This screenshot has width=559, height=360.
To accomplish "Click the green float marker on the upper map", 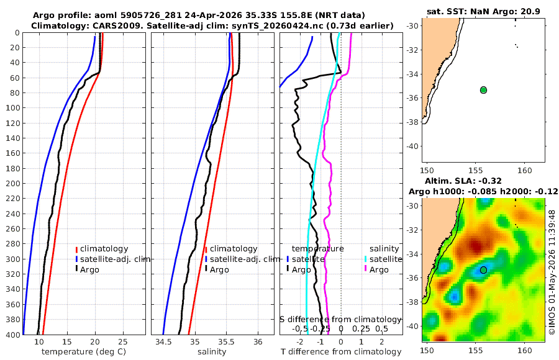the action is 483,90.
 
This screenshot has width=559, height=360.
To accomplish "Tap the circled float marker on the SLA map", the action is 483,270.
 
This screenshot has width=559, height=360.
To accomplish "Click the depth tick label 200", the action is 12,183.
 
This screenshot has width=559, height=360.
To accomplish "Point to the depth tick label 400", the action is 12,335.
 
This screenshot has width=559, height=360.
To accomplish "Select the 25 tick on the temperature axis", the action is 122,341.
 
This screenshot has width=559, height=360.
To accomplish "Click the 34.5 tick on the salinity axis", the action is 163,341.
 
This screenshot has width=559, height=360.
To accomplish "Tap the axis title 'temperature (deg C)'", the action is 84,352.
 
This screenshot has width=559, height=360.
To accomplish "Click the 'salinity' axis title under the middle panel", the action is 212,352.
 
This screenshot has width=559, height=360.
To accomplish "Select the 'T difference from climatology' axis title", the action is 341,352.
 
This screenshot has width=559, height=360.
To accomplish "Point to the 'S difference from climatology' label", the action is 341,319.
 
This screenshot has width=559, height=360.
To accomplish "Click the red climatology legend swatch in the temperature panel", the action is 76,249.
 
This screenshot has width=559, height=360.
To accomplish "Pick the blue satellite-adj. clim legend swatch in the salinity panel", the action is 206,259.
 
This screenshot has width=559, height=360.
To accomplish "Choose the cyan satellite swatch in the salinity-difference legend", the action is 365,259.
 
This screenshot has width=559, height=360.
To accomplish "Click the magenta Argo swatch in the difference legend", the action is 365,269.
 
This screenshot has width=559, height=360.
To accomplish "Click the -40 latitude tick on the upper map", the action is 413,146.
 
